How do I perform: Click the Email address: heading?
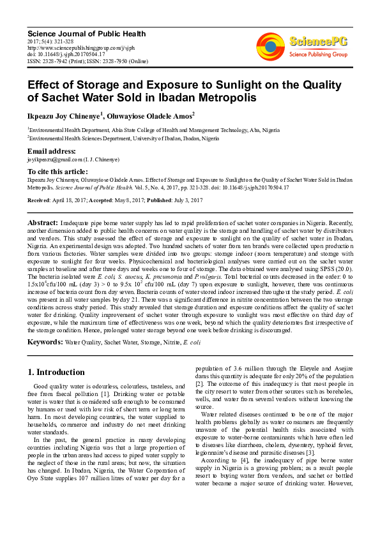[x=52, y=151]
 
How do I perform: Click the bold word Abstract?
[x=43, y=222]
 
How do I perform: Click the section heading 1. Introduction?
[x=57, y=372]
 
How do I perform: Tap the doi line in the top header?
[x=66, y=54]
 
